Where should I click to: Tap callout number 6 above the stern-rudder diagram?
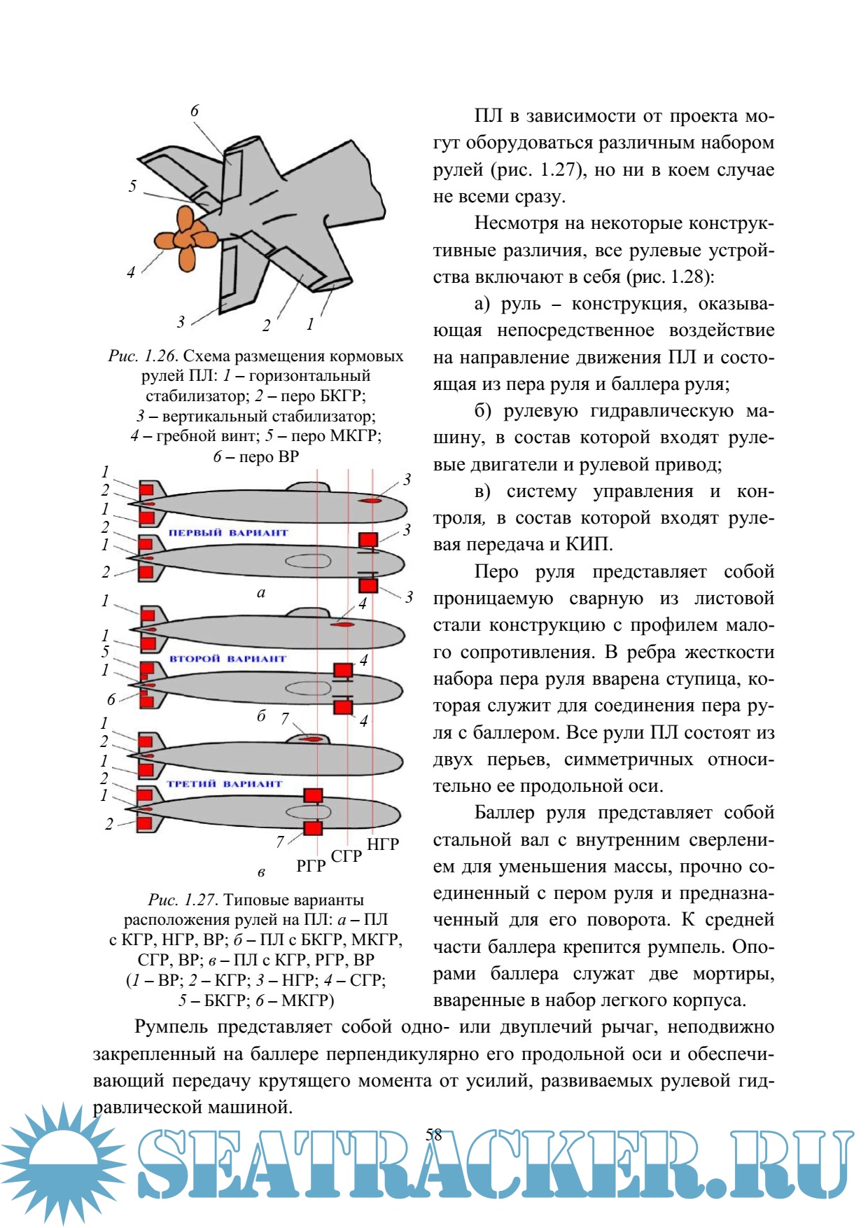click(x=195, y=111)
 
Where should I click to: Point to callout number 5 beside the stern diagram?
click(x=132, y=186)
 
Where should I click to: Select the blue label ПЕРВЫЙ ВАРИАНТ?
click(x=228, y=533)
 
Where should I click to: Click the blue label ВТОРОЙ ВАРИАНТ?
click(x=228, y=659)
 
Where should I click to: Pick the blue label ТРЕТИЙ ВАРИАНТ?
click(x=225, y=784)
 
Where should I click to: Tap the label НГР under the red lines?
click(x=383, y=844)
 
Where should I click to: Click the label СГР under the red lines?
click(x=346, y=856)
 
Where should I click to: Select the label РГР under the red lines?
click(x=311, y=866)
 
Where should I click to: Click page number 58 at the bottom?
click(x=434, y=1135)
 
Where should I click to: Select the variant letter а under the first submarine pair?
click(x=261, y=593)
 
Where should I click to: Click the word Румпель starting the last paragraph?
click(x=171, y=1027)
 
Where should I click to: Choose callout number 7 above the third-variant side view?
click(x=285, y=718)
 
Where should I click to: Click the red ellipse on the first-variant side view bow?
click(x=370, y=501)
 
